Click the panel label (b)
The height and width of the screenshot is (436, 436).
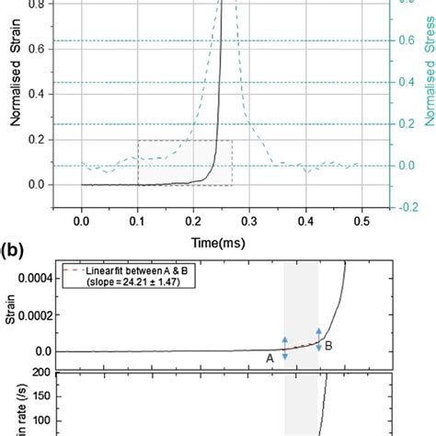point(13,249)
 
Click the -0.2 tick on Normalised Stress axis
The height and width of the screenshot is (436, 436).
point(402,207)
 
